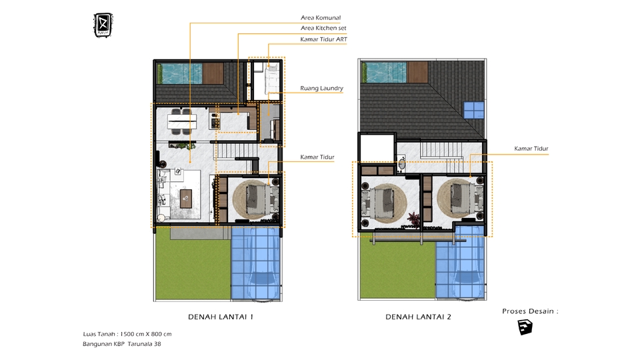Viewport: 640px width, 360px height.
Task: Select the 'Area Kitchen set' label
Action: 323,28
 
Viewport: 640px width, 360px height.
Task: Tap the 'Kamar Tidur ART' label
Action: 323,39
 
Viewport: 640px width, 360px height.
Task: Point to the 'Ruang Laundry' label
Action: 321,88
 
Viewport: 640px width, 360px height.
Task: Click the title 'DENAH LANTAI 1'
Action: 219,317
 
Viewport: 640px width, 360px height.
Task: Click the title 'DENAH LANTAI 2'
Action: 418,317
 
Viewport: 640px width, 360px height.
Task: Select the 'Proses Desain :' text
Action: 530,311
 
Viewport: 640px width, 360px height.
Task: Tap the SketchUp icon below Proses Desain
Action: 525,327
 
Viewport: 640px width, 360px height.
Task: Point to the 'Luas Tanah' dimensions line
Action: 127,334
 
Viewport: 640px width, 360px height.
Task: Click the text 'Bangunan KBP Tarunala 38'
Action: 122,344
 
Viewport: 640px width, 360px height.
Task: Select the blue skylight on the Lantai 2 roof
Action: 474,109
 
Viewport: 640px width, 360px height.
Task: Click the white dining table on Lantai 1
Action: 182,121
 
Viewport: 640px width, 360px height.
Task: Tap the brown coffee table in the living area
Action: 186,196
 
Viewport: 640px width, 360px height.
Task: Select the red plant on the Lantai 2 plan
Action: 414,218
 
